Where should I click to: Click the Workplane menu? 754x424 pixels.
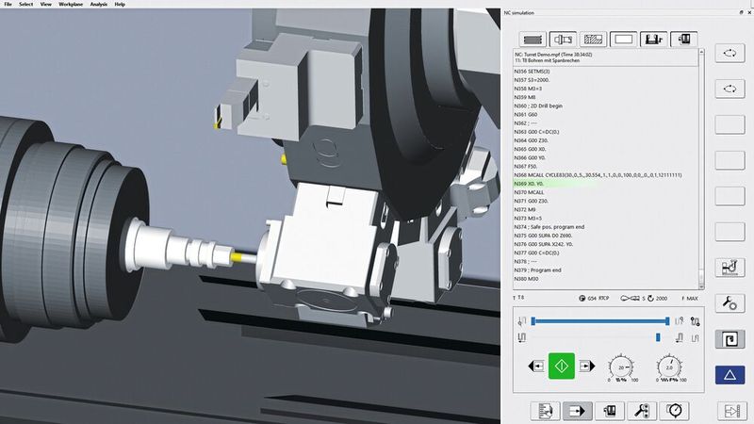click(x=71, y=5)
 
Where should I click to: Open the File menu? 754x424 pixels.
click(x=8, y=5)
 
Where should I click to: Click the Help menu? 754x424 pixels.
click(x=120, y=5)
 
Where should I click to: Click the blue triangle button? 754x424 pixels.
click(x=730, y=375)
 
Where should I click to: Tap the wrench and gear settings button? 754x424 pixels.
click(x=730, y=303)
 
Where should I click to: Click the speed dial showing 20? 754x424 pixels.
click(x=619, y=367)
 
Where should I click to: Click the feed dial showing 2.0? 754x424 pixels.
click(x=669, y=367)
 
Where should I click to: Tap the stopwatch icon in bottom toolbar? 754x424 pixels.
click(x=674, y=410)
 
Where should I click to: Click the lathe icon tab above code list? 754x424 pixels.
click(x=565, y=40)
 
